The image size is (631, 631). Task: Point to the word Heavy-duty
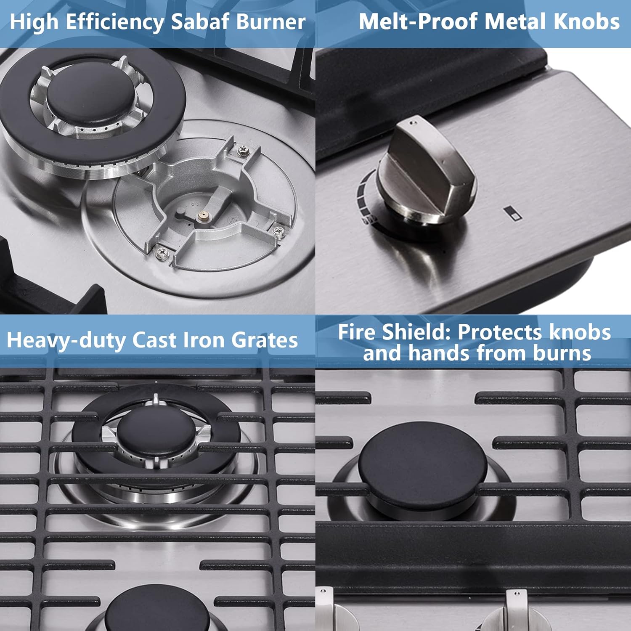coord(66,340)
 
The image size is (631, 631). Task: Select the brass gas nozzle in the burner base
coord(203,215)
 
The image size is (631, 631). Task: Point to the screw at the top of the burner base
coord(243,149)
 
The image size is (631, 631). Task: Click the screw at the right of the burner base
coord(278,231)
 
